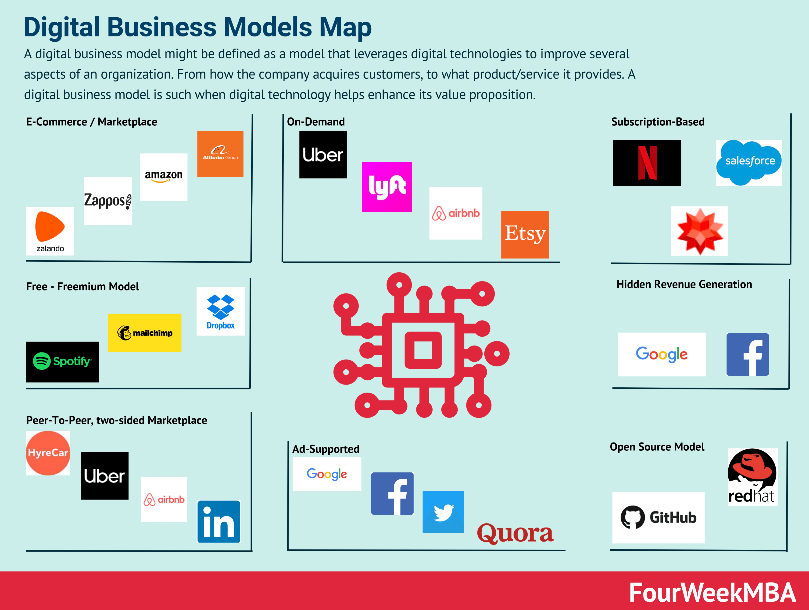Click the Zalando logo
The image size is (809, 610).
click(x=50, y=231)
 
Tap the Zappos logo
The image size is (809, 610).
click(x=108, y=201)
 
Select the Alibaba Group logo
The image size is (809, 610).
click(x=220, y=153)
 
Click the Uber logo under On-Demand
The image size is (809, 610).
click(x=323, y=154)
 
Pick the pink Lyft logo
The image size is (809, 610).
click(x=387, y=186)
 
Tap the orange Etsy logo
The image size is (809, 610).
click(x=525, y=234)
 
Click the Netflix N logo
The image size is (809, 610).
click(x=647, y=163)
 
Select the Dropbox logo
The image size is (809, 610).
click(x=221, y=311)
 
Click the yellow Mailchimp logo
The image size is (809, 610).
click(x=144, y=333)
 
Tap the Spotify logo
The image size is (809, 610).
click(x=62, y=362)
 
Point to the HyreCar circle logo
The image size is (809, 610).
click(x=48, y=453)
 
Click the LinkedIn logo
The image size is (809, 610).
click(x=219, y=521)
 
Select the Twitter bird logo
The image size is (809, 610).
click(x=443, y=512)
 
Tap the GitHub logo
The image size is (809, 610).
click(x=658, y=517)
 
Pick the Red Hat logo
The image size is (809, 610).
click(x=753, y=477)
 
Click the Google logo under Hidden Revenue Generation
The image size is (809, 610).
click(x=662, y=354)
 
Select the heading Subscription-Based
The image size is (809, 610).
click(x=658, y=122)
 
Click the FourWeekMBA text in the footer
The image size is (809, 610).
click(x=712, y=592)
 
